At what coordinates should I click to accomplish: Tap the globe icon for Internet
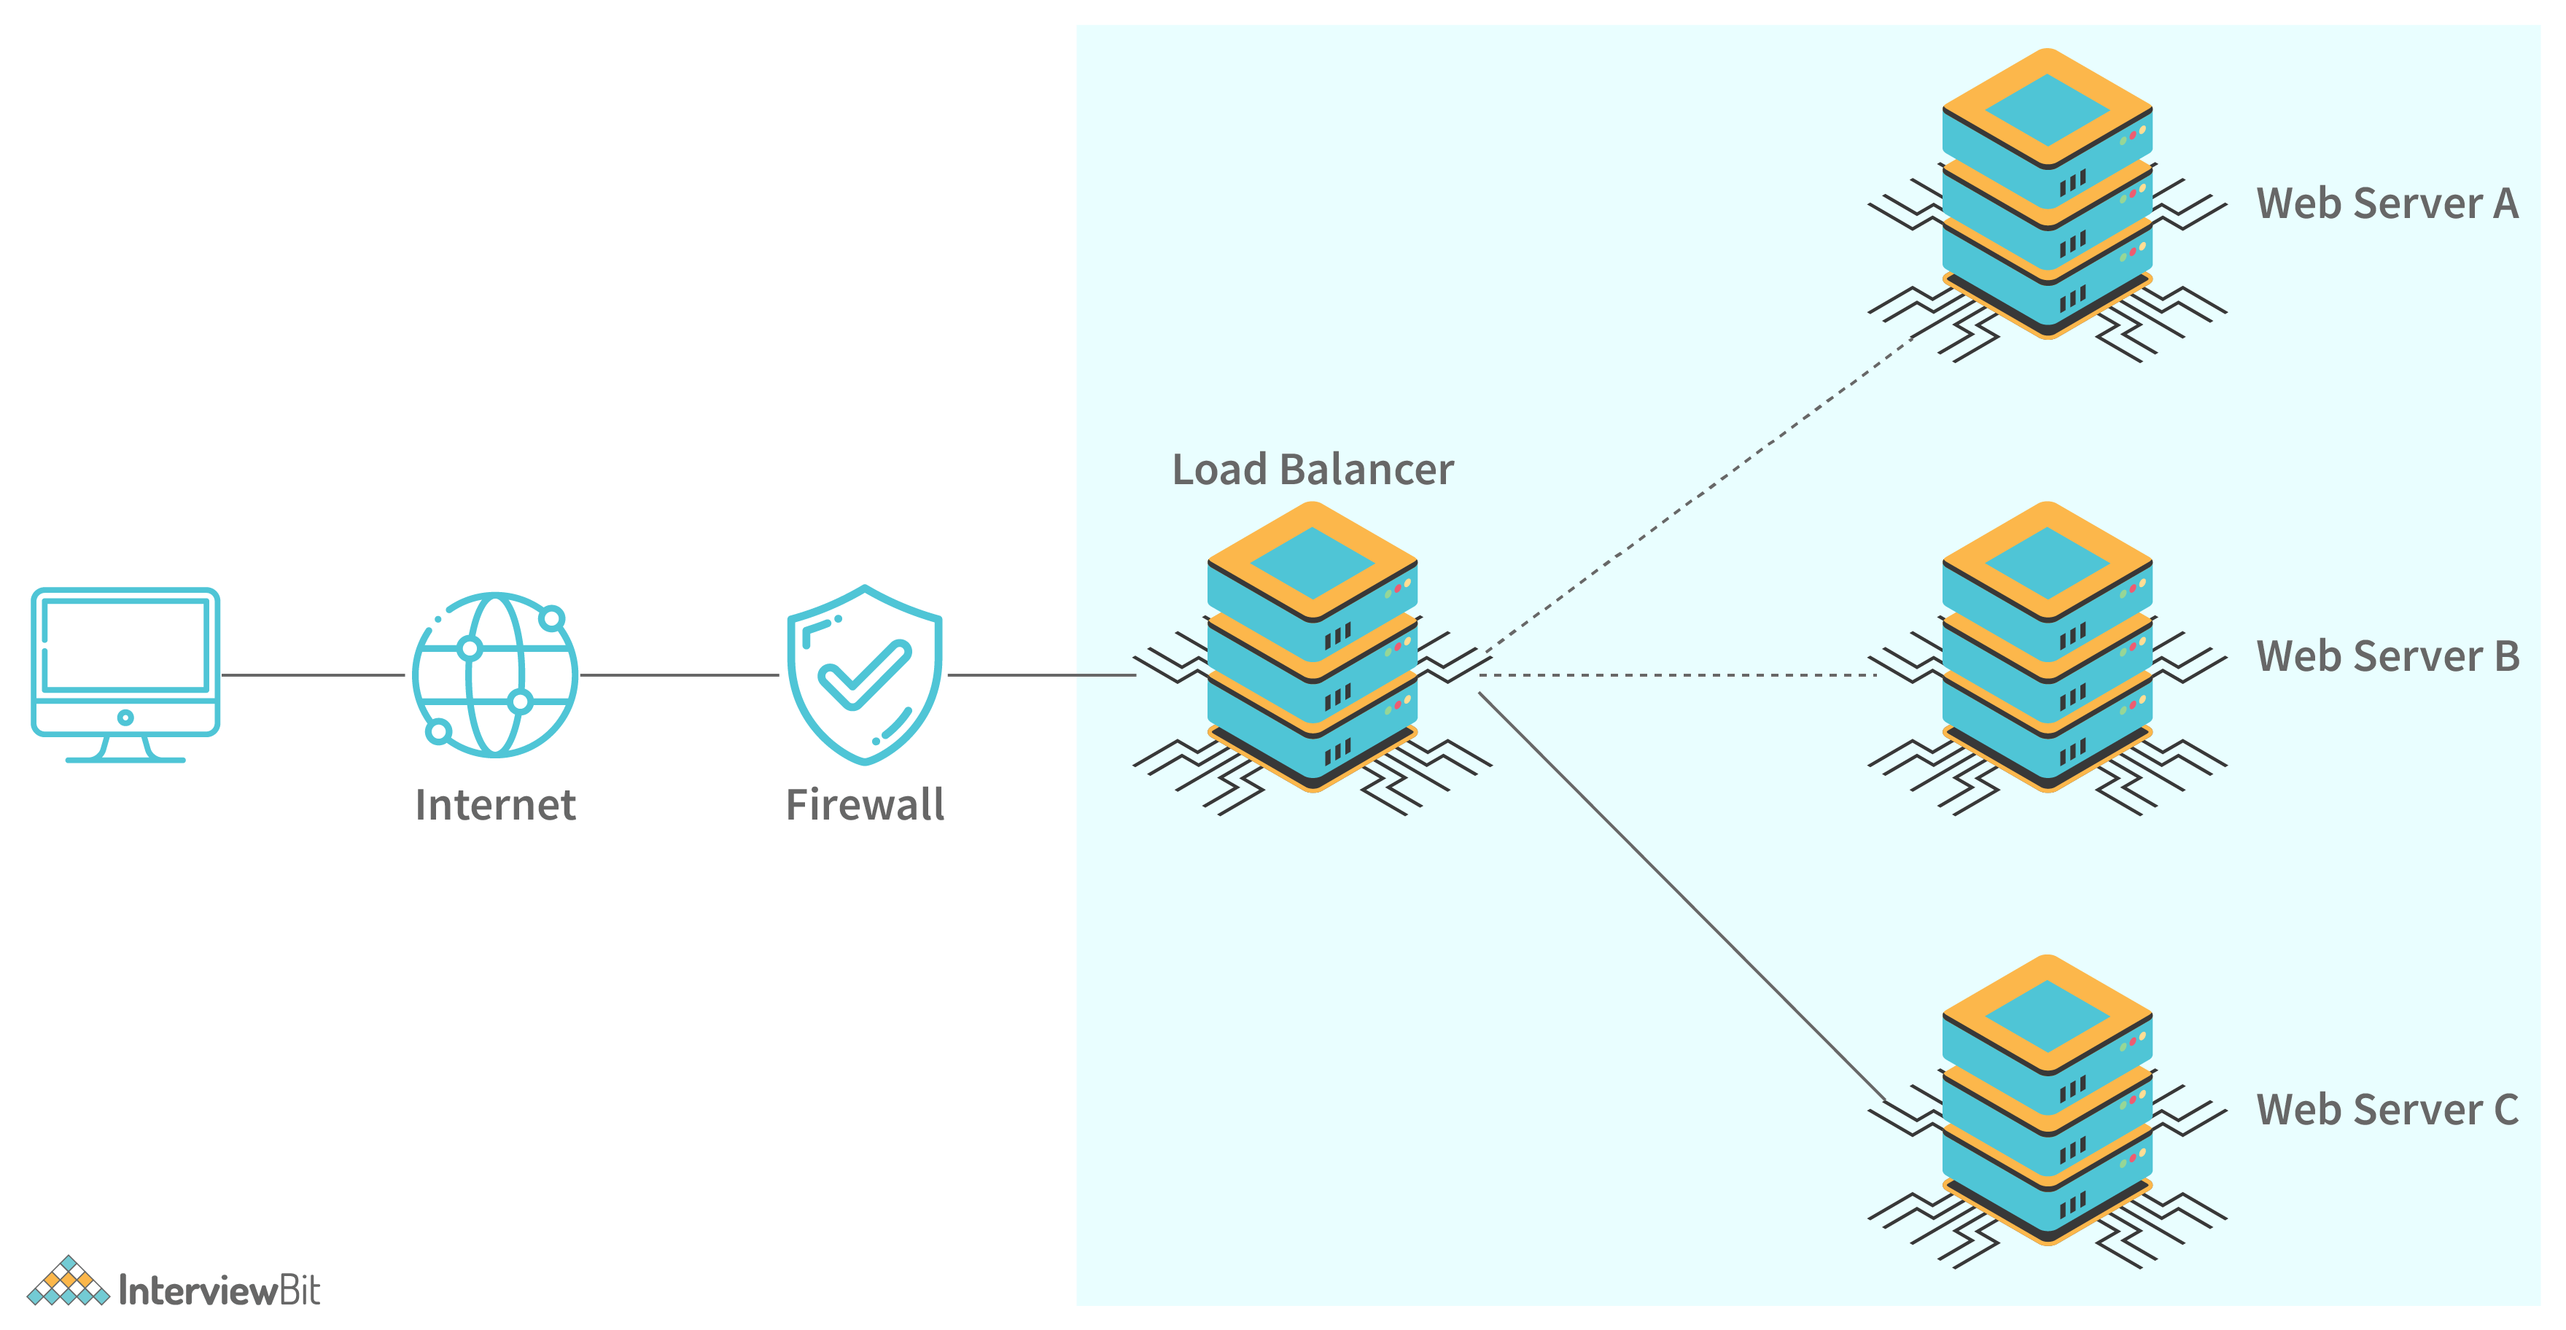[x=495, y=674]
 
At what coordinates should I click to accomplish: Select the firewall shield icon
[x=865, y=674]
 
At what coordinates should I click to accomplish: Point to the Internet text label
[x=495, y=805]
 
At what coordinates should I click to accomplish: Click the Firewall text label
[x=865, y=805]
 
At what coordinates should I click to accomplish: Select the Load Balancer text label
[x=1312, y=470]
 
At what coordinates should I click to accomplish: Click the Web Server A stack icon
[x=2047, y=199]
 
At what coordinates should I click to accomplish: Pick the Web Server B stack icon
[x=2047, y=653]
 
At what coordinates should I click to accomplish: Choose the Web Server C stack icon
[x=2047, y=1106]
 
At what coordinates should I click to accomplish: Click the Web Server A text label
[x=2387, y=204]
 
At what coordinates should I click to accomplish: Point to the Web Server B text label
[x=2387, y=656]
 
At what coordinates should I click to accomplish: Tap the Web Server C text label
[x=2387, y=1110]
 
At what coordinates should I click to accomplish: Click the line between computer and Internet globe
[x=313, y=674]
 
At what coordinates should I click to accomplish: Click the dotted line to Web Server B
[x=1679, y=674]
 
